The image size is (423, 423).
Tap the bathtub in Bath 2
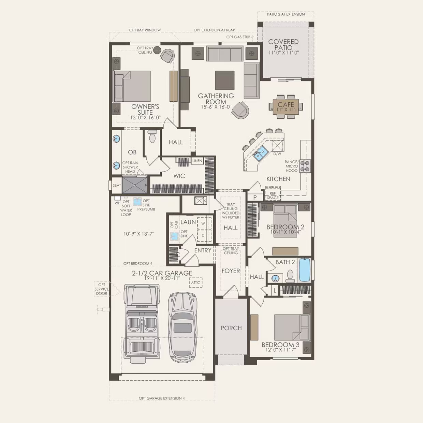[x=305, y=270]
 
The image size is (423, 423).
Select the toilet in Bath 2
[x=290, y=276]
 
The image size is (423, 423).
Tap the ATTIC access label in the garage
[x=196, y=282]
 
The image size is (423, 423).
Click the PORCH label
[x=231, y=328]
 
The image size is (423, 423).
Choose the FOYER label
[x=231, y=271]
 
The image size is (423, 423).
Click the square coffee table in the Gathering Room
[x=224, y=80]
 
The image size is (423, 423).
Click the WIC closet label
[x=179, y=176]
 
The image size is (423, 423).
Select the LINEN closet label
[x=197, y=161]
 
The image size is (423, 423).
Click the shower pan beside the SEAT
[x=135, y=185]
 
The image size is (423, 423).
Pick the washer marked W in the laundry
[x=203, y=223]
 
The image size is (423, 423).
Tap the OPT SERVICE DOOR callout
[x=102, y=289]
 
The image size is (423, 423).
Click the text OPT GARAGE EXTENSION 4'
[x=162, y=398]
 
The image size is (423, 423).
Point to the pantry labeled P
[x=255, y=198]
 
